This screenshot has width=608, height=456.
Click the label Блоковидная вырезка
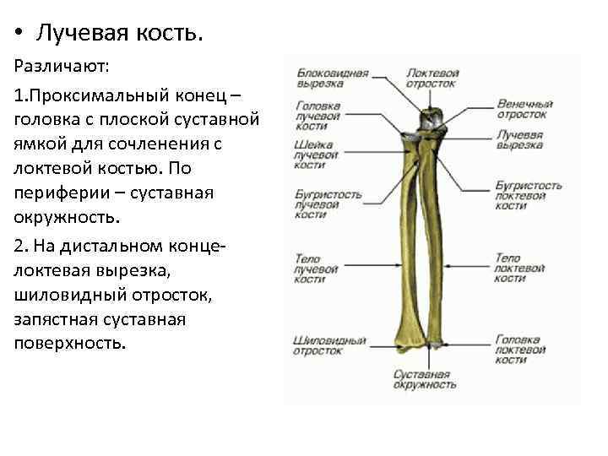coord(332,79)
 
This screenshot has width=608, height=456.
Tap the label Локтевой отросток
coord(432,79)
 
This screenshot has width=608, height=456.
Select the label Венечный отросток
coord(522,109)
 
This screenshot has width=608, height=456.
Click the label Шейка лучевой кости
coord(314,155)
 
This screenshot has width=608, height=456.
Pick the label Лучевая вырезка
coord(520,139)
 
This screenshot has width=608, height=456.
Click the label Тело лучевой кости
coord(316,268)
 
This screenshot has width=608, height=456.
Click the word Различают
coord(53,65)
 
